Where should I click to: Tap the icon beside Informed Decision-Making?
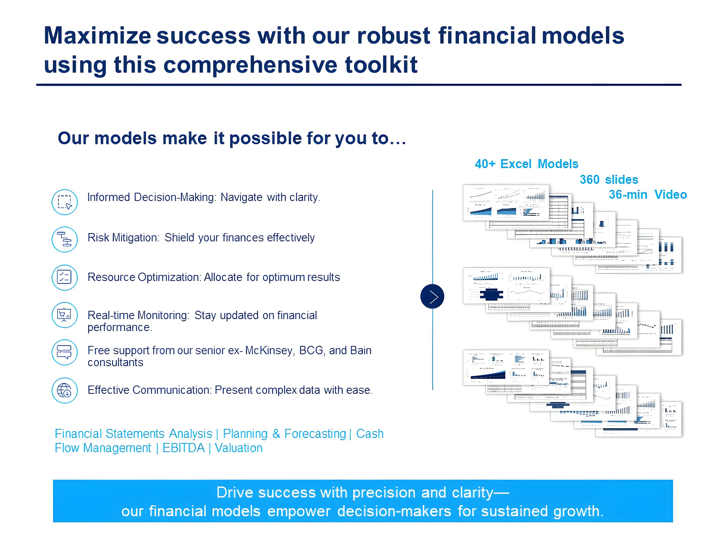pos(65,202)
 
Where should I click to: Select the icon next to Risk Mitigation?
pos(65,239)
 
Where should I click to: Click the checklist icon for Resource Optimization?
pos(65,277)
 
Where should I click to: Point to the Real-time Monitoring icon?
pos(65,315)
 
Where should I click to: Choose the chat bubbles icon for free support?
pos(65,352)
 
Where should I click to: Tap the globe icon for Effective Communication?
pos(65,390)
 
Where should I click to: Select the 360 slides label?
pos(609,180)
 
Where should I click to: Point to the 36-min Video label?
pos(648,195)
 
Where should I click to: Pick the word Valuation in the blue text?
pos(239,448)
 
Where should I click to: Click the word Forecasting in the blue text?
pos(315,434)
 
